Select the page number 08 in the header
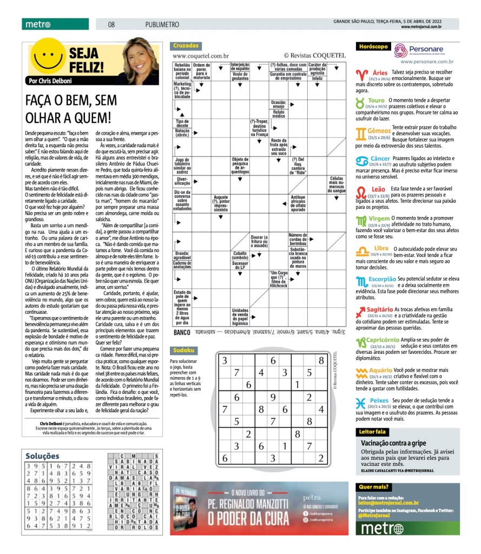pos(111,24)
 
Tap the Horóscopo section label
pos(373,47)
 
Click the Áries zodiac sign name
pos(380,72)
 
